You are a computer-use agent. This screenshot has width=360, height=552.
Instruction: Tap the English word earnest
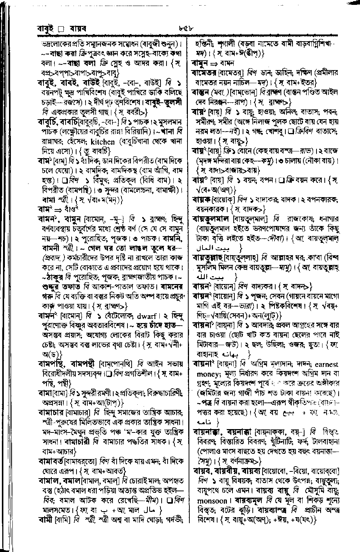point(326,364)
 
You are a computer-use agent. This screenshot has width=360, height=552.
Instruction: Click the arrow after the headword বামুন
point(216,62)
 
